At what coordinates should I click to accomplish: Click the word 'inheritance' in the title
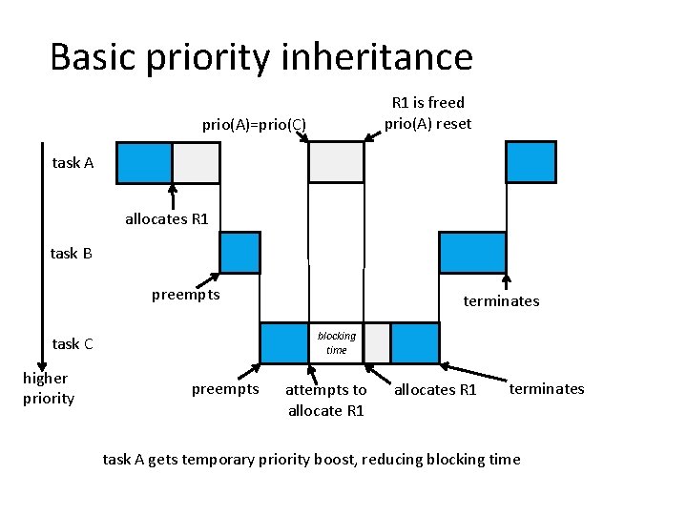point(377,57)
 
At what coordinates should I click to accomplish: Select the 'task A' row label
point(73,162)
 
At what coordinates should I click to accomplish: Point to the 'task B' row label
point(71,253)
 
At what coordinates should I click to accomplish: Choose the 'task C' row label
point(73,343)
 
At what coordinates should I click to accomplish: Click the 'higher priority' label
point(48,388)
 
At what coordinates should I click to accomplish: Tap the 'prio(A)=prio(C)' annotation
point(253,124)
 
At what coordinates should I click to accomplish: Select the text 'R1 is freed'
point(427,102)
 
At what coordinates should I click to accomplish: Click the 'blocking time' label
point(336,342)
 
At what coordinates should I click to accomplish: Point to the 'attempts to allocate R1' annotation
point(325,400)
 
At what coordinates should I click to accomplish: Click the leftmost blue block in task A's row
point(143,162)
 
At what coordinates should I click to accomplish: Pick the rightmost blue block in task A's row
point(531,162)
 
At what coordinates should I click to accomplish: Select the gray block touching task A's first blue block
point(196,162)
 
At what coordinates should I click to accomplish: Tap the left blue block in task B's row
point(239,253)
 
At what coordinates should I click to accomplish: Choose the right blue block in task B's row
point(459,253)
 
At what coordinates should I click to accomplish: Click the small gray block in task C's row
point(377,343)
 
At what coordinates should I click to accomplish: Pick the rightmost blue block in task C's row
point(415,343)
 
